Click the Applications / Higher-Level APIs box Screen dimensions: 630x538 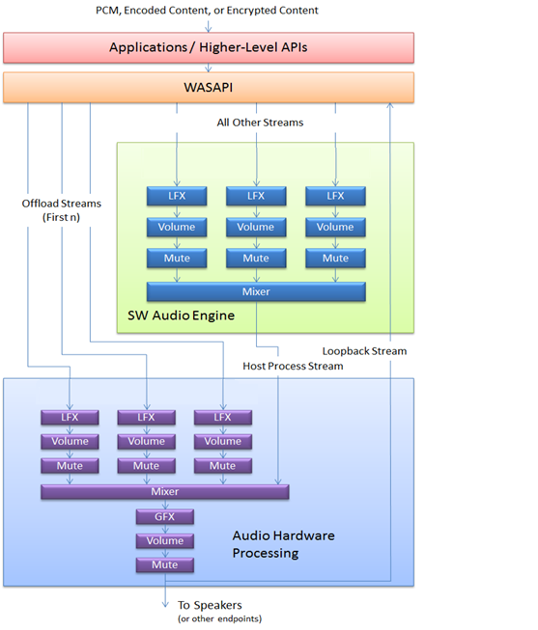click(208, 46)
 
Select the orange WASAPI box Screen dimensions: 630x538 click(208, 87)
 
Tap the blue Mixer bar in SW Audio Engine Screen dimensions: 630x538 click(256, 291)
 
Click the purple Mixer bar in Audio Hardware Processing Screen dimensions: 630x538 click(164, 492)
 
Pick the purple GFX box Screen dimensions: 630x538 click(164, 516)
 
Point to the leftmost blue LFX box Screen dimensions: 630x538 click(176, 196)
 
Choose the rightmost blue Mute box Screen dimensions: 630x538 click(335, 259)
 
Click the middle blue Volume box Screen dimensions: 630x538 click(256, 228)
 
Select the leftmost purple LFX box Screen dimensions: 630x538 click(70, 417)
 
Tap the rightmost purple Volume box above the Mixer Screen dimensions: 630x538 click(222, 441)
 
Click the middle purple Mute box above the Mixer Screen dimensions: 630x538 click(146, 466)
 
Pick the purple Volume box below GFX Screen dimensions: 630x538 click(164, 540)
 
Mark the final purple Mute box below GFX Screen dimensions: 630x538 click(164, 564)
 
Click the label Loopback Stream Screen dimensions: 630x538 click(364, 351)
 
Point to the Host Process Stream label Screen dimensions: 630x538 click(293, 367)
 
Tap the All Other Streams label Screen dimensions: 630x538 click(260, 123)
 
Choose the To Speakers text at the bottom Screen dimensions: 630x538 click(210, 605)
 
